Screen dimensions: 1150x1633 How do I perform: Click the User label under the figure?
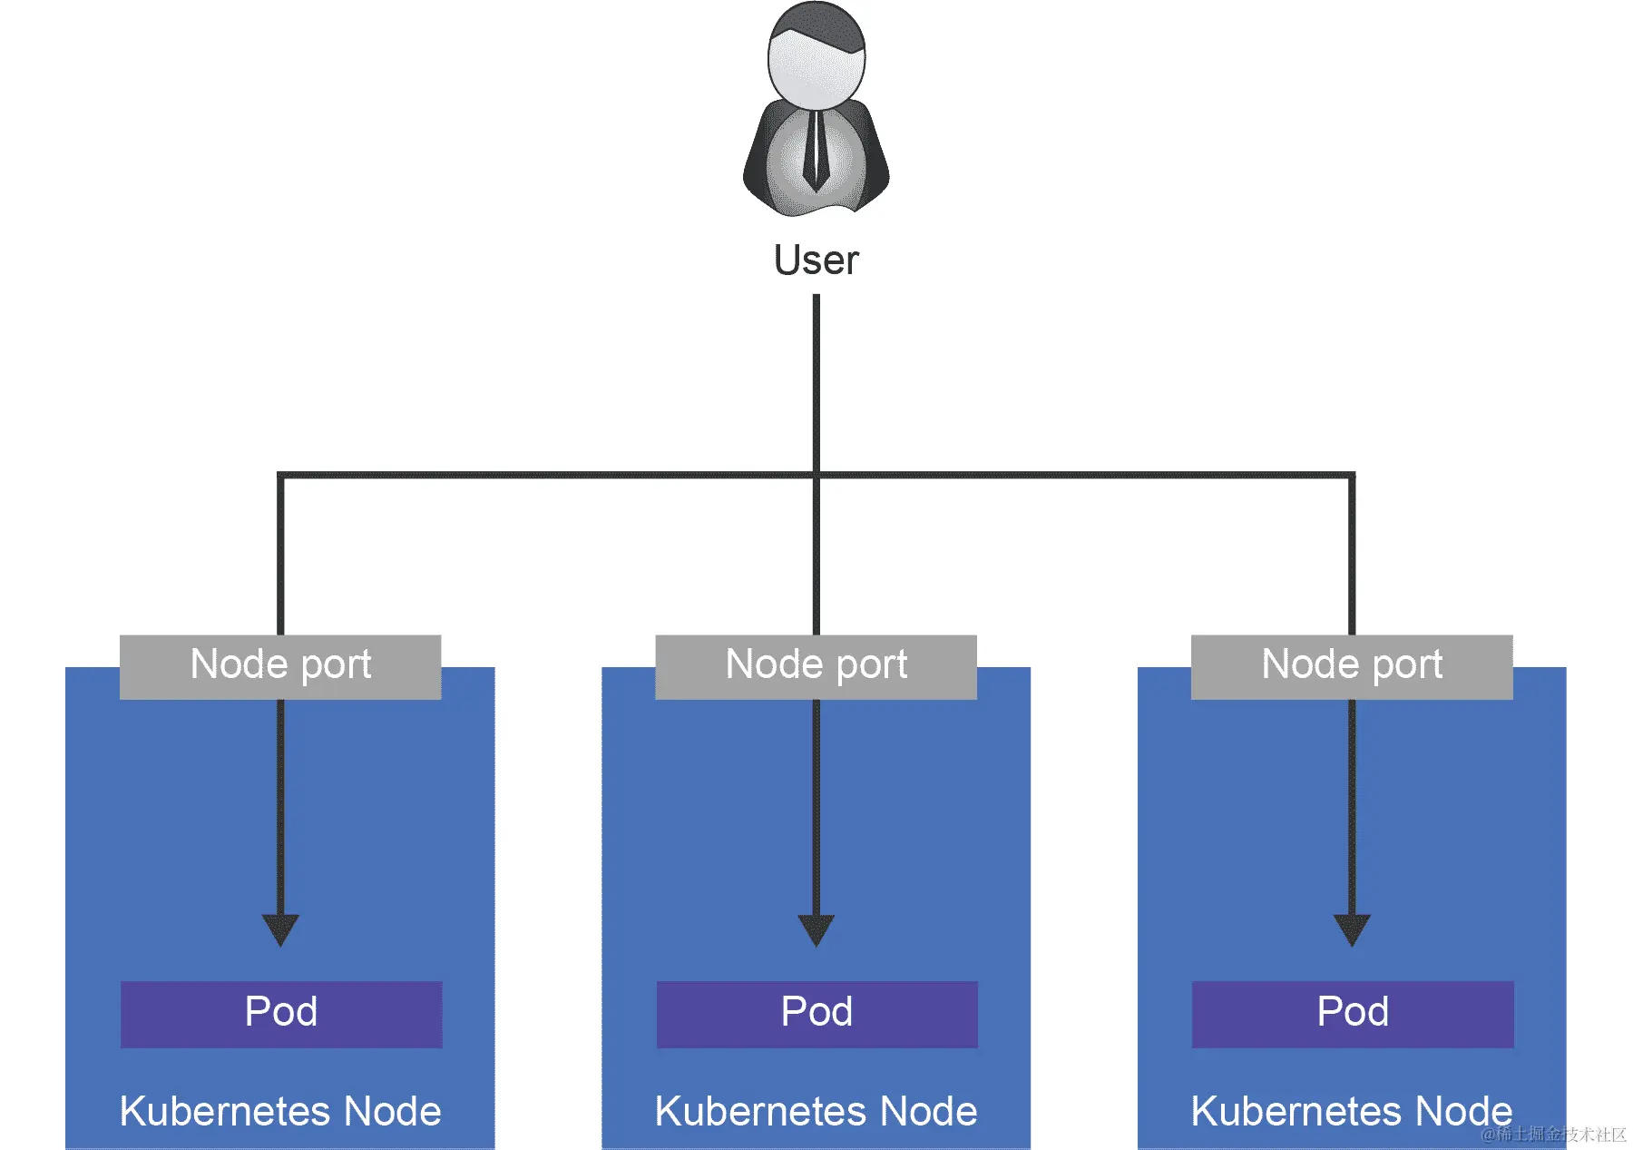pos(816,260)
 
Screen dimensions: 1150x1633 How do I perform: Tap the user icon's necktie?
pos(816,150)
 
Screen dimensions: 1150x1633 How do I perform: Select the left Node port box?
pos(280,666)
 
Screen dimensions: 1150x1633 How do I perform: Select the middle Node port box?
pos(816,666)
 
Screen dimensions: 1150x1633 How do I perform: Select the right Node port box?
pos(1351,666)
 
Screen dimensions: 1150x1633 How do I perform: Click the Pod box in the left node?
pos(281,1013)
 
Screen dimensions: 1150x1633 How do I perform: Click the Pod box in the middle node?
pos(816,1013)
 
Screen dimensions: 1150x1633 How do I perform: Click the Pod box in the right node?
pos(1352,1013)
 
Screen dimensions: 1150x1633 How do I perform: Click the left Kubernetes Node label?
pos(280,1111)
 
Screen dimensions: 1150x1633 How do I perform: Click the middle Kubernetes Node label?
pos(816,1111)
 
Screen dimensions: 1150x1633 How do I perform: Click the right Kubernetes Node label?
pos(1351,1111)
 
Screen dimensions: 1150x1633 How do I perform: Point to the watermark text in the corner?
pos(1553,1135)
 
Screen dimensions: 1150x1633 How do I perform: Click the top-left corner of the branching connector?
pos(280,475)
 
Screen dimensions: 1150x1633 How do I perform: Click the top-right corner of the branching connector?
pos(1351,475)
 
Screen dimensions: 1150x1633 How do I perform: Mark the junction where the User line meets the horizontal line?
pos(816,475)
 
